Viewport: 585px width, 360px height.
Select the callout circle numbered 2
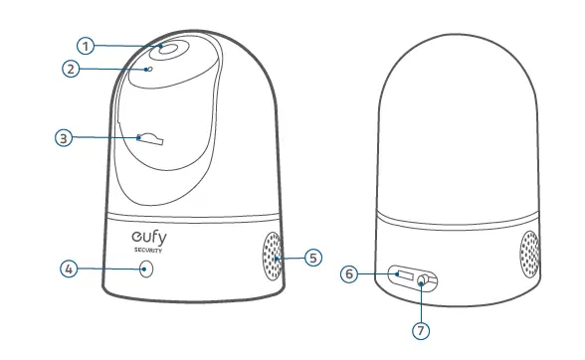click(70, 70)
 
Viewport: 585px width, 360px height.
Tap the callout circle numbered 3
click(64, 138)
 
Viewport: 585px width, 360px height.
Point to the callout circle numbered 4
click(69, 269)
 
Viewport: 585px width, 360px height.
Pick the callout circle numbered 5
click(313, 258)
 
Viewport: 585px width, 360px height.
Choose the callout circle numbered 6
click(349, 273)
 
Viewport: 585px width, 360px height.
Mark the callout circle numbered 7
click(423, 325)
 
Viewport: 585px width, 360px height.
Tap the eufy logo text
click(151, 238)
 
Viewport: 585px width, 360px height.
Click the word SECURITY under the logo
click(150, 251)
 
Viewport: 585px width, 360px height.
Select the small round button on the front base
click(148, 270)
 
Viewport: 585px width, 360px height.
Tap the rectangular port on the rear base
click(404, 272)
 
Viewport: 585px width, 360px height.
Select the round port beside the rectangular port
click(425, 281)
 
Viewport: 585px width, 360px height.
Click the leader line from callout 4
click(109, 269)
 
